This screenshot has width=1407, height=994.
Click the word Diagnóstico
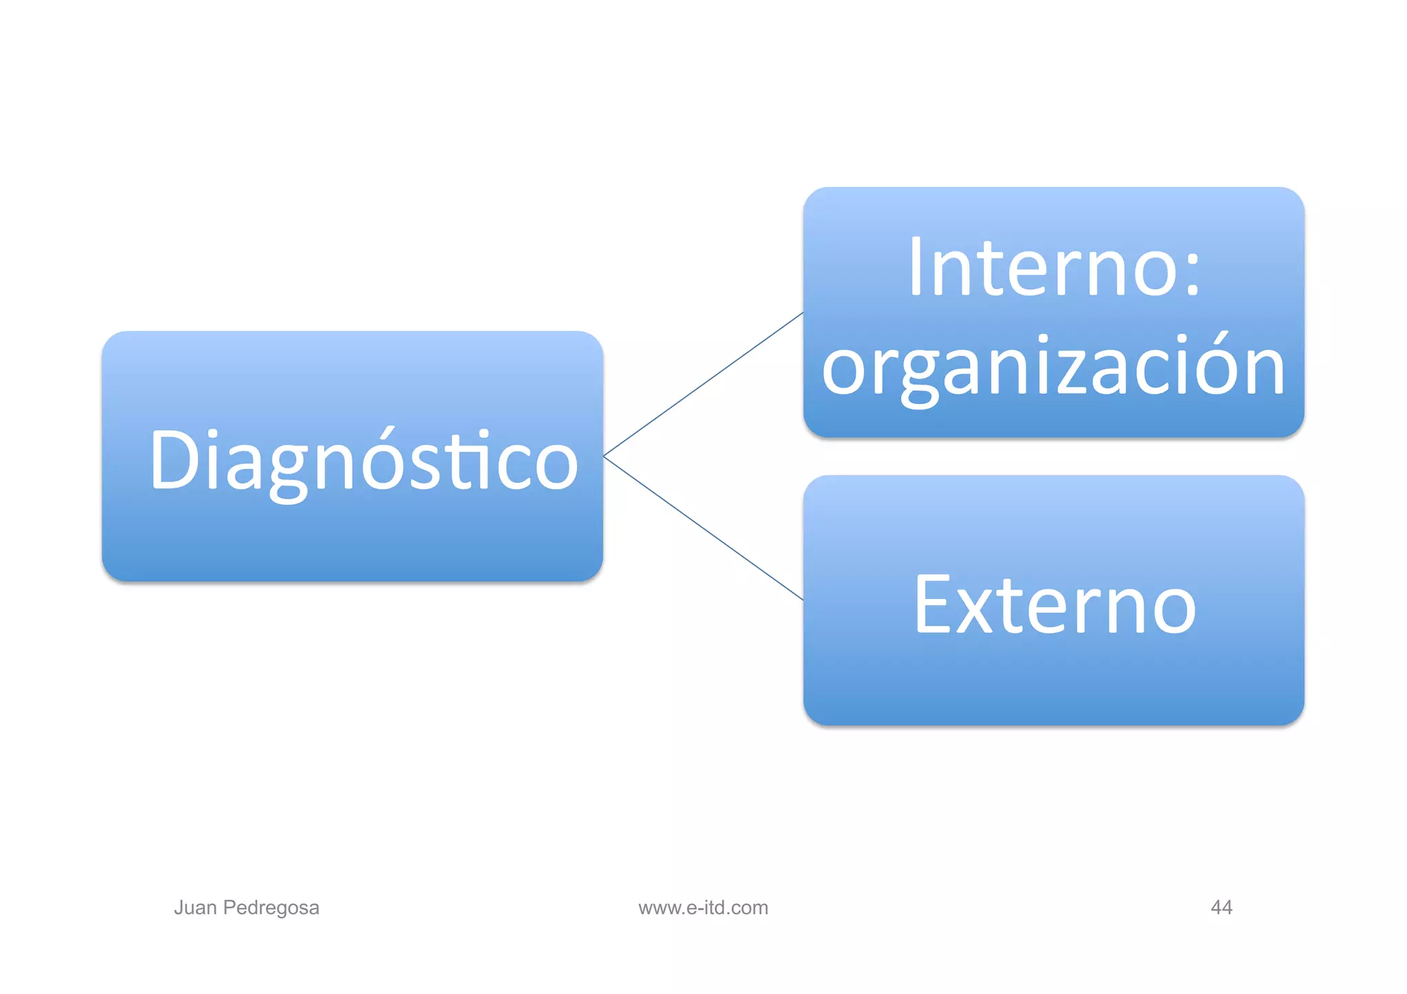coord(363,460)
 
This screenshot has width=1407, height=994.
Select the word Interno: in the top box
coord(1054,267)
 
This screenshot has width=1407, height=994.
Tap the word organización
coord(1053,368)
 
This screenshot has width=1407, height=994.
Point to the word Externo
coord(1054,605)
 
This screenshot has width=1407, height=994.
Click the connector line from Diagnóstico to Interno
coord(703,385)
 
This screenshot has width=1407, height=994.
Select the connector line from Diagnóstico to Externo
coord(703,528)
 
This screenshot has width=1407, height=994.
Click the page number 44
coord(1221,907)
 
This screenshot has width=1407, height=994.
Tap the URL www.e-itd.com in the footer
coord(703,907)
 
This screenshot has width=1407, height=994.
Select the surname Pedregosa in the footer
coord(271,907)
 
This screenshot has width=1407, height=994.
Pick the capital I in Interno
coord(915,267)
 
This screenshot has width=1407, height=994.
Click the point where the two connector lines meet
coord(604,456)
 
